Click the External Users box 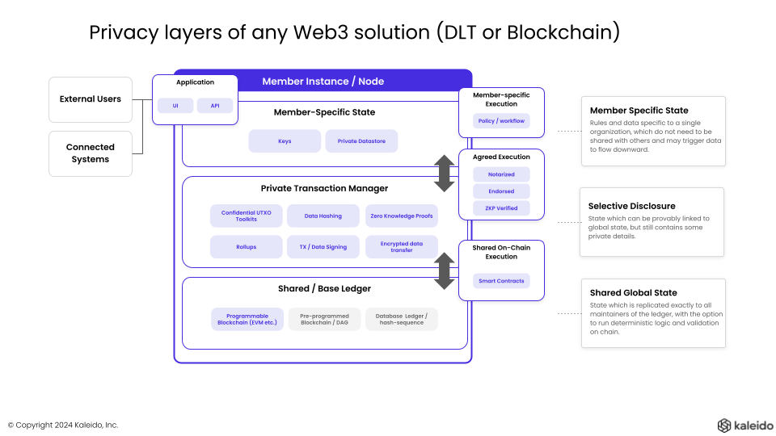click(91, 99)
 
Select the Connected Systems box click(91, 153)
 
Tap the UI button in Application click(175, 106)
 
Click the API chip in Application click(215, 106)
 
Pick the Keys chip click(285, 141)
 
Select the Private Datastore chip click(361, 141)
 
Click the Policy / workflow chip click(501, 121)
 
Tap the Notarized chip click(501, 174)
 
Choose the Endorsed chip click(501, 191)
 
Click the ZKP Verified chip click(501, 208)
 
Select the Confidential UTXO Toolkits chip click(247, 216)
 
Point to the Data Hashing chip click(323, 216)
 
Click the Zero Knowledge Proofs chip click(402, 216)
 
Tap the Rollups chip click(247, 247)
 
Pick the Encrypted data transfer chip click(402, 247)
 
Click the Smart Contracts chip click(501, 281)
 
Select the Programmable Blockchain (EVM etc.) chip click(247, 319)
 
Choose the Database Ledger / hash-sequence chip click(402, 319)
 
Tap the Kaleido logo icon click(724, 425)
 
